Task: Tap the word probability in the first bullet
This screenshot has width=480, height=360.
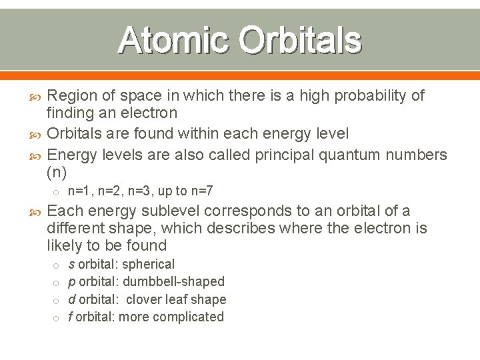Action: point(365,96)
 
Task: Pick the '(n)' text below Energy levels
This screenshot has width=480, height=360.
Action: point(57,172)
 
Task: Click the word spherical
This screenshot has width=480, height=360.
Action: point(148,265)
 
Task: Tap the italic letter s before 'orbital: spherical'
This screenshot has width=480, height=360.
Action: point(71,265)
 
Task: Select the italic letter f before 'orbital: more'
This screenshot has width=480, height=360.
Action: point(71,317)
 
